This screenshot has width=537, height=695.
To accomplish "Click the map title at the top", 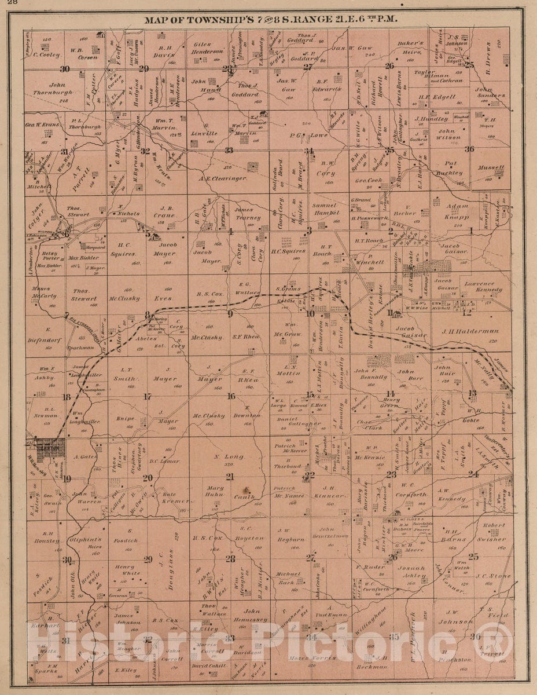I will [x=270, y=19].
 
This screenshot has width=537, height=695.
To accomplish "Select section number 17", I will [x=148, y=397].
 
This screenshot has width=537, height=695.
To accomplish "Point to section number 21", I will [x=230, y=476].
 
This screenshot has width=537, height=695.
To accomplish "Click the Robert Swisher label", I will [x=493, y=532].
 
